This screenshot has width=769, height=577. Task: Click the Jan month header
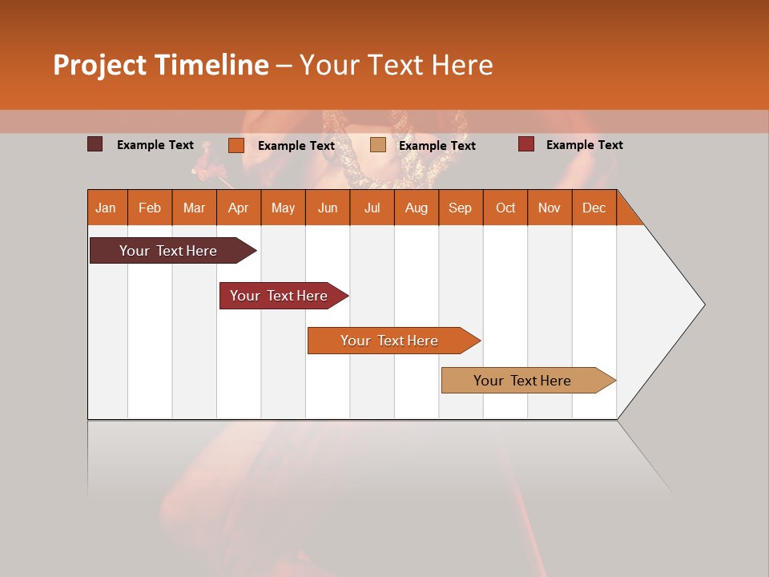click(x=107, y=208)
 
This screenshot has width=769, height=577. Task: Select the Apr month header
click(x=238, y=208)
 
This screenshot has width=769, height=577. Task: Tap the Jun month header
click(x=328, y=208)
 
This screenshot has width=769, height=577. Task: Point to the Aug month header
click(x=416, y=208)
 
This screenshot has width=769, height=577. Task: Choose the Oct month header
click(x=505, y=208)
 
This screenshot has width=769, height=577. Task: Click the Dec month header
click(x=594, y=208)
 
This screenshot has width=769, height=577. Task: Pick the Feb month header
click(x=150, y=208)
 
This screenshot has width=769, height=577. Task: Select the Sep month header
click(x=460, y=208)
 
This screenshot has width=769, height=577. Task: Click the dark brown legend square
click(x=95, y=144)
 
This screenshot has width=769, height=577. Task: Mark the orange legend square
click(x=236, y=145)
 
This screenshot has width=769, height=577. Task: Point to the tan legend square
click(x=377, y=144)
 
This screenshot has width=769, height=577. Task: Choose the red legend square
click(x=525, y=144)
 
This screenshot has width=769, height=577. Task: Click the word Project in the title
click(x=100, y=65)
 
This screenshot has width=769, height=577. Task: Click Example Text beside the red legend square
click(x=584, y=145)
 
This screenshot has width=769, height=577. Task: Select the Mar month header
click(x=194, y=208)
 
